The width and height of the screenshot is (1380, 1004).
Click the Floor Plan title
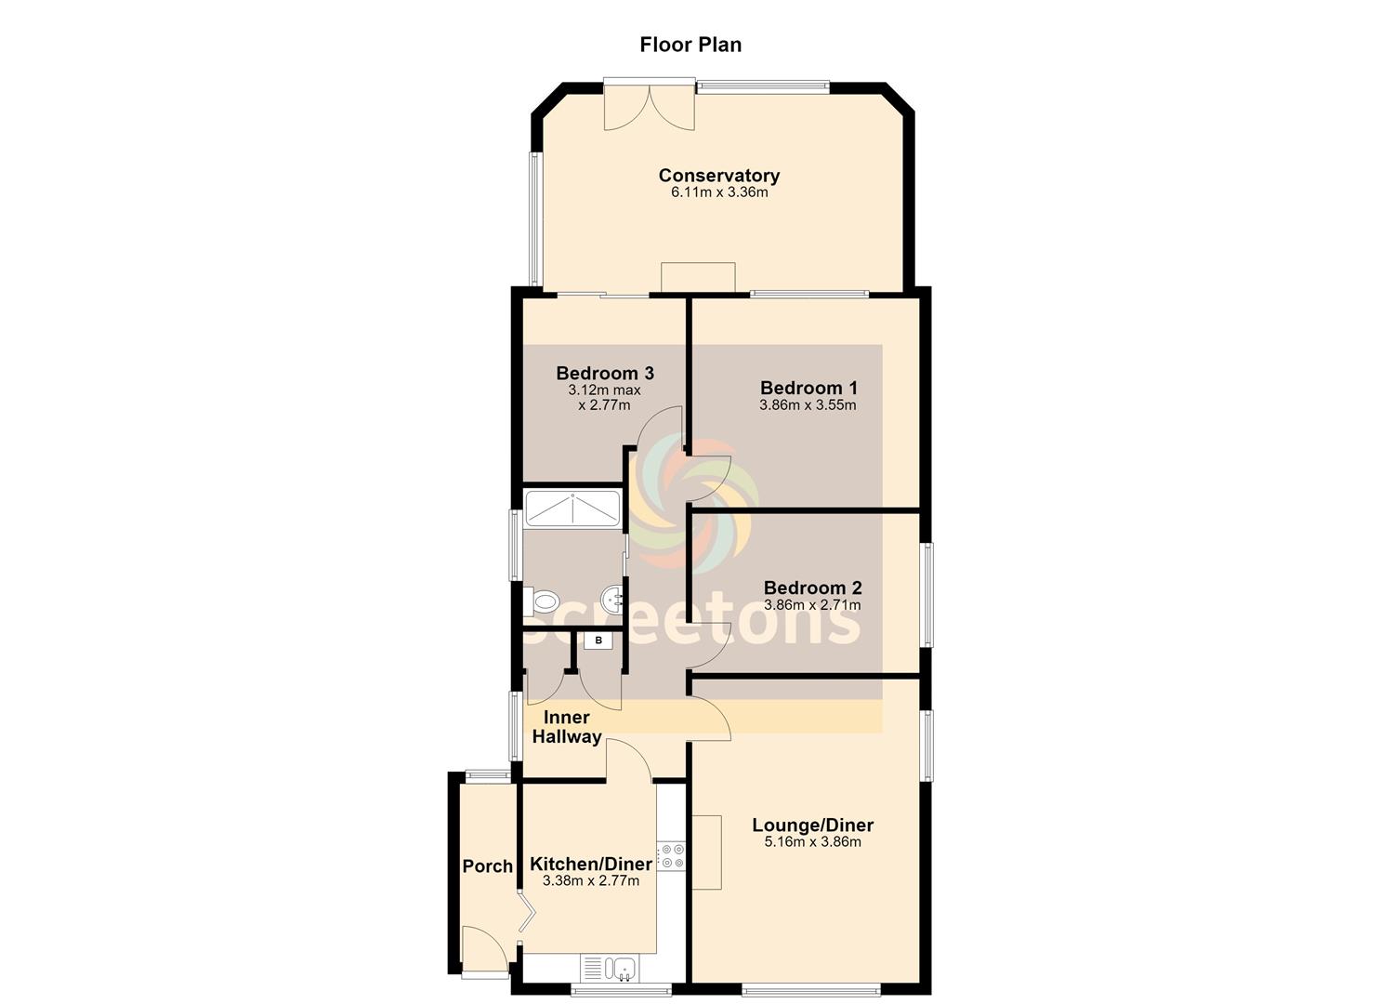(x=690, y=45)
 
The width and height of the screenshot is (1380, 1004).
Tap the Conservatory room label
(x=719, y=175)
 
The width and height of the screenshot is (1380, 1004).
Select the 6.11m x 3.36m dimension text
(x=719, y=192)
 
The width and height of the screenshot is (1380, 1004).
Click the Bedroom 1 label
(x=808, y=388)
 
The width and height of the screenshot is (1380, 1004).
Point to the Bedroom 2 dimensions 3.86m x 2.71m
(x=812, y=604)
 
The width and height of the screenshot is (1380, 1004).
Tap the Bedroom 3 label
(x=604, y=373)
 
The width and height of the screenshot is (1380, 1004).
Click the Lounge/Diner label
(x=812, y=825)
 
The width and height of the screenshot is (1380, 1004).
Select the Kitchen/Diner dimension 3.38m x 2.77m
(x=591, y=880)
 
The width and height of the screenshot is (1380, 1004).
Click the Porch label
(x=487, y=865)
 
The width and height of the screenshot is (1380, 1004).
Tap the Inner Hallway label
(x=567, y=727)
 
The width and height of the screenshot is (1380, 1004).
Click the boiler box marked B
(x=598, y=641)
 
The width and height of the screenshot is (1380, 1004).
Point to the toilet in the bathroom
(x=541, y=601)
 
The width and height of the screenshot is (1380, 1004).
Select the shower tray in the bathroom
(x=572, y=509)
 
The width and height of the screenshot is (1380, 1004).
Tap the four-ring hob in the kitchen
(x=671, y=857)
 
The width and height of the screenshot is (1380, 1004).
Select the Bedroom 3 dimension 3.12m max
(x=604, y=390)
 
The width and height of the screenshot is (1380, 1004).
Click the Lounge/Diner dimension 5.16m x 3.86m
(x=812, y=842)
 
